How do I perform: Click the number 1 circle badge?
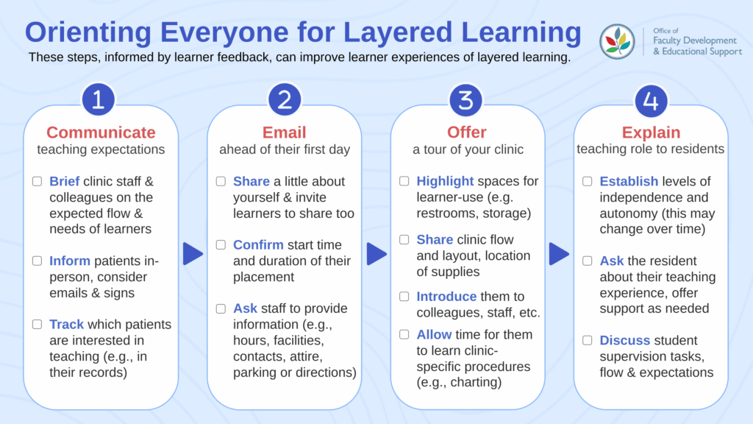pos(99,99)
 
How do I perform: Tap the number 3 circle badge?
pos(465,100)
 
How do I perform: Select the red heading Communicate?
pos(101,132)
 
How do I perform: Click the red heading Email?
pos(285,132)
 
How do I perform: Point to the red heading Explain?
pos(652,132)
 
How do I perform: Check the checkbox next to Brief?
pos(37,181)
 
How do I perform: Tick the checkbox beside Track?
pos(37,324)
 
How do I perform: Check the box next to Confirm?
pos(221,244)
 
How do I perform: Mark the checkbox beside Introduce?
pos(404,297)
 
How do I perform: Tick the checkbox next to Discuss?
pos(588,340)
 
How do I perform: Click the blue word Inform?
pos(70,261)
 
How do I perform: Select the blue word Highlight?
pos(445,181)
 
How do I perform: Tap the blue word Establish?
pos(629,181)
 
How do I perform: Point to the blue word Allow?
pos(434,334)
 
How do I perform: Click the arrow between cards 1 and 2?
pos(193,254)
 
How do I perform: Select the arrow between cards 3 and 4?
pos(560,254)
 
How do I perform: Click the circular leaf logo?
pos(617,42)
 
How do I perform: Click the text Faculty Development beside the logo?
pos(694,40)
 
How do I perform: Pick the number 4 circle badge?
pos(651,101)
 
